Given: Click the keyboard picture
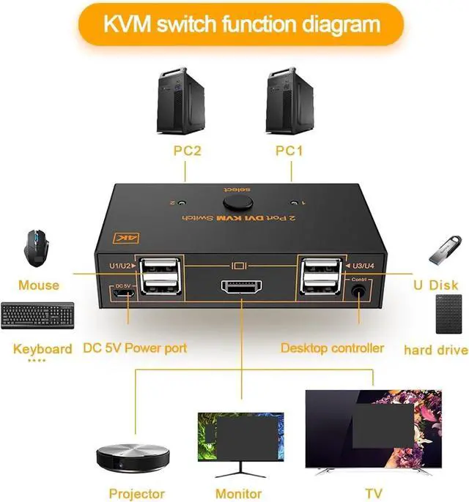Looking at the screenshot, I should tap(38, 316).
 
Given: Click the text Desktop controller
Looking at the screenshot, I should tap(332, 348).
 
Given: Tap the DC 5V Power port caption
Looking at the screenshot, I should tap(135, 348).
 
